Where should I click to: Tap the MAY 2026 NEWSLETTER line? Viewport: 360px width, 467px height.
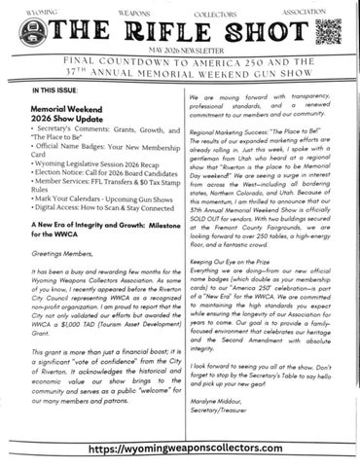pyautogui.click(x=180, y=52)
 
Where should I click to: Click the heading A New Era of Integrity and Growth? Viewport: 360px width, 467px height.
pyautogui.click(x=92, y=239)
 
